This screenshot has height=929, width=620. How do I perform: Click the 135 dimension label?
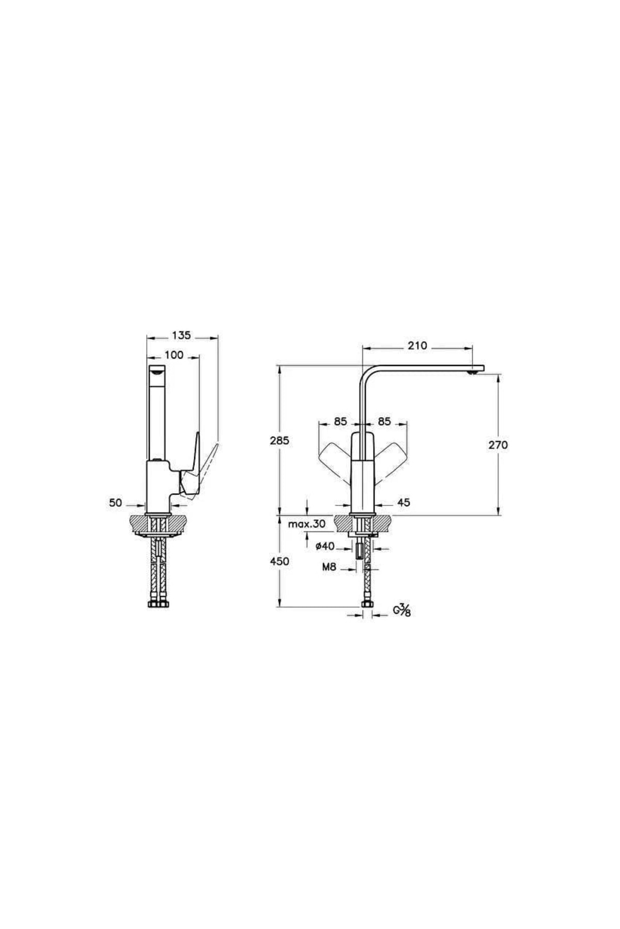click(x=181, y=335)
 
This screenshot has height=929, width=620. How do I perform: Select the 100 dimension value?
click(x=174, y=355)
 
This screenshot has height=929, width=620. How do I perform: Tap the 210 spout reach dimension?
click(x=417, y=346)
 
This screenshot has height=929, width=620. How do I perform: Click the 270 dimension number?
click(x=498, y=445)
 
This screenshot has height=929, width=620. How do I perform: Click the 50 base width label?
click(x=115, y=502)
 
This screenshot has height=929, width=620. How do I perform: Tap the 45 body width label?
click(x=404, y=502)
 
